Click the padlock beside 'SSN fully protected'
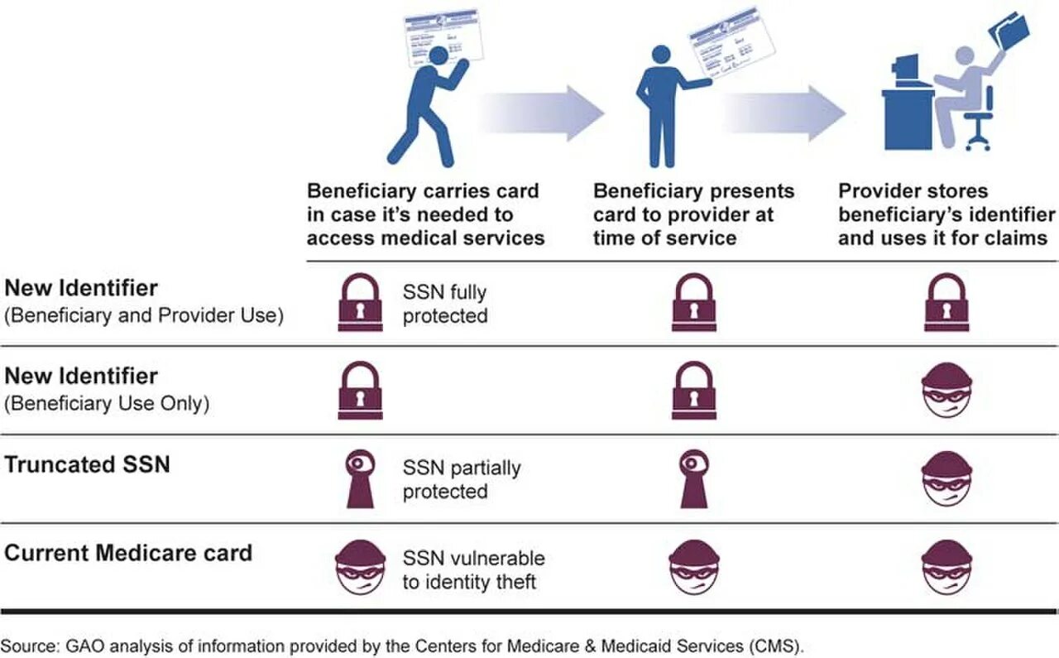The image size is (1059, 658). [360, 303]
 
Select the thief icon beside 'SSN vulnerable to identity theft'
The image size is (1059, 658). [360, 568]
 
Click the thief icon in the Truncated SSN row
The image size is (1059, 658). [946, 478]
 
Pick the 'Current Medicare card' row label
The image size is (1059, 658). [128, 553]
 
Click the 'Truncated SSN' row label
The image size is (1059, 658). [88, 464]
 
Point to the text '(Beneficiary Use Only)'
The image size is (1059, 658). [107, 404]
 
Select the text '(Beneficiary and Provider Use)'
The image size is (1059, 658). [144, 315]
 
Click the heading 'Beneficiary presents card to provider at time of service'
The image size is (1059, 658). [693, 214]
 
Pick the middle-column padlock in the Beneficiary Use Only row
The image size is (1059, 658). [694, 391]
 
